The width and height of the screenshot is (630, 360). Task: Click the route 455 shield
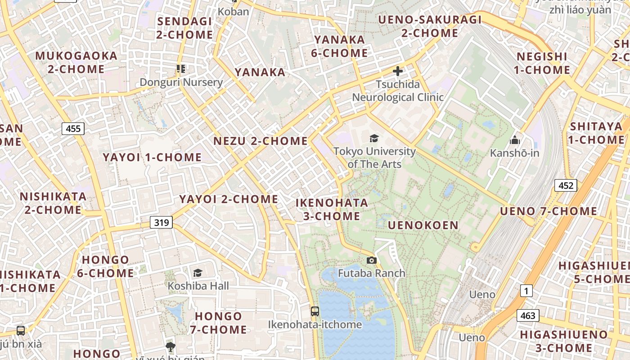(73, 129)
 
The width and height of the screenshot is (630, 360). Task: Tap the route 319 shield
(161, 222)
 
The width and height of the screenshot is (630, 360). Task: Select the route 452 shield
(565, 185)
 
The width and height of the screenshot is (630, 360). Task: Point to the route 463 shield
(527, 315)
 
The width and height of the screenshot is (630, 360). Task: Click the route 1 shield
(526, 291)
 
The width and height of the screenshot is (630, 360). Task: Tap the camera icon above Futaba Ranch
(371, 260)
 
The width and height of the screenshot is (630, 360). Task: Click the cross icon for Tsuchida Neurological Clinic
(397, 71)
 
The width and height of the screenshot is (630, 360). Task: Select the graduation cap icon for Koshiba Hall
(198, 273)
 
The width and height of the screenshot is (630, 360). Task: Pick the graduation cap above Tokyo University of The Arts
(374, 138)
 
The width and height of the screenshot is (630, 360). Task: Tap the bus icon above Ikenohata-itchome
(315, 311)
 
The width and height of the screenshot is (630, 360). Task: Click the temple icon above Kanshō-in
(515, 140)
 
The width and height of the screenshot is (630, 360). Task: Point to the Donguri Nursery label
(181, 82)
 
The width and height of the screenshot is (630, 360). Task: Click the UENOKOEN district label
(423, 225)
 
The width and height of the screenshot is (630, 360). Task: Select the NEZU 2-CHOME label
(261, 141)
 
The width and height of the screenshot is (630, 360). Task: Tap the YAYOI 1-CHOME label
(152, 157)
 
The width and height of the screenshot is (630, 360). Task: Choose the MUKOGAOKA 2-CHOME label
(76, 62)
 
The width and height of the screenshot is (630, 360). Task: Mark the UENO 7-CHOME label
(548, 211)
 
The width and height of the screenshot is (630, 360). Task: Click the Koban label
(233, 11)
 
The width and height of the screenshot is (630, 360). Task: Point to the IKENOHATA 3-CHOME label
(332, 209)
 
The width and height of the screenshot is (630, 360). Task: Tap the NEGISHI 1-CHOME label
(542, 63)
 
